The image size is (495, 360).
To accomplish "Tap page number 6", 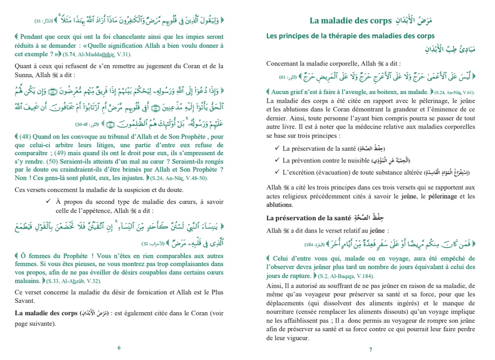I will point(119,348).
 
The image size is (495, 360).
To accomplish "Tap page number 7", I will point(371,349).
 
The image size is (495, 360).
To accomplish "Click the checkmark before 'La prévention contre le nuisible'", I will point(276,161).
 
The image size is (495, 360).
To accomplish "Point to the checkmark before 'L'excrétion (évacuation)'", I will point(276,172).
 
